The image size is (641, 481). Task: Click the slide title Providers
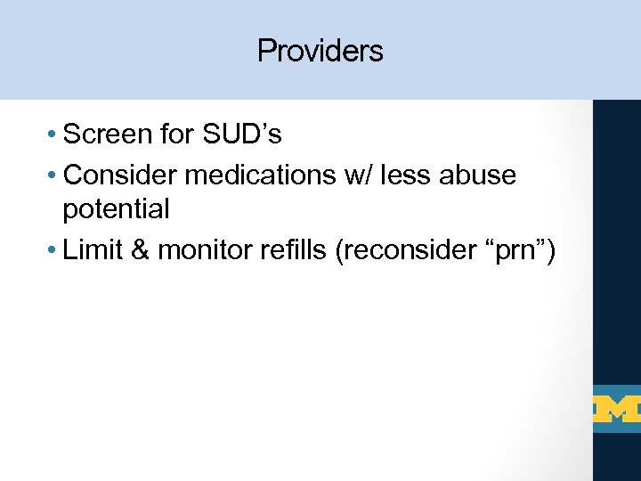[320, 51]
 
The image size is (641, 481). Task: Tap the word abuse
[482, 175]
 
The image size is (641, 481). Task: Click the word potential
[116, 211]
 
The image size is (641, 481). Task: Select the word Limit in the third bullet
[93, 251]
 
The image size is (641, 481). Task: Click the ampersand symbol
[140, 251]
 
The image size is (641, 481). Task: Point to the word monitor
[206, 251]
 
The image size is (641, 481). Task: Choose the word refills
[296, 251]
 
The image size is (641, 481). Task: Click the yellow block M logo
[617, 410]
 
